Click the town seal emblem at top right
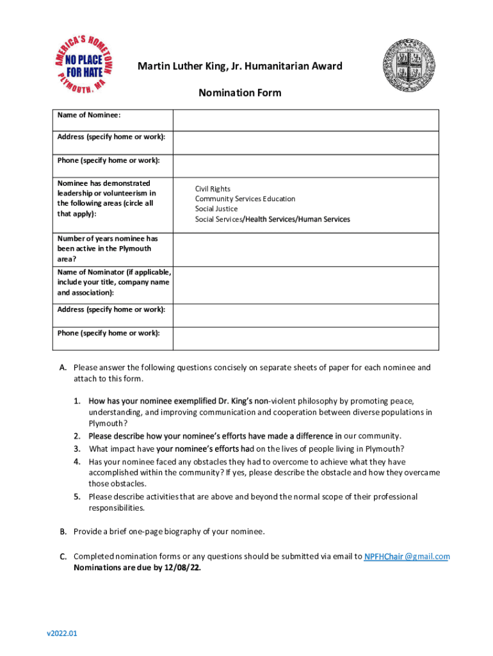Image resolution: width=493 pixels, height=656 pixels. click(411, 67)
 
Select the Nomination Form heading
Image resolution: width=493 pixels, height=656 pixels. click(239, 93)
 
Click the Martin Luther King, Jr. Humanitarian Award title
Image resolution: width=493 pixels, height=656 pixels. click(240, 66)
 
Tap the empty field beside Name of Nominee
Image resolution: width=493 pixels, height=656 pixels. click(305, 120)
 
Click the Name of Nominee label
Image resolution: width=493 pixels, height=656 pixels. click(90, 115)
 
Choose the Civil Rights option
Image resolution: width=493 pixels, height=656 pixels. click(213, 188)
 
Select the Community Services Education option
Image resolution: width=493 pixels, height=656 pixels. click(245, 199)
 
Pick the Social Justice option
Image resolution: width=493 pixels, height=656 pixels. click(216, 209)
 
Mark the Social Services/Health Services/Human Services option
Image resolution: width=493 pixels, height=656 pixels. click(273, 219)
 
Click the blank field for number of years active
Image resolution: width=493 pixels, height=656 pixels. click(305, 249)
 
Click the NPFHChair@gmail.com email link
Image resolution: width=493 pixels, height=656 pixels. click(407, 556)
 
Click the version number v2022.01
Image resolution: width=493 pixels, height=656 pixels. click(61, 634)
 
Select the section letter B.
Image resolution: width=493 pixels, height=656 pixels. click(63, 532)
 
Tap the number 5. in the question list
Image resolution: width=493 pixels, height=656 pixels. click(76, 496)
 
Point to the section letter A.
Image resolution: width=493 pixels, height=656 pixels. click(63, 368)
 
